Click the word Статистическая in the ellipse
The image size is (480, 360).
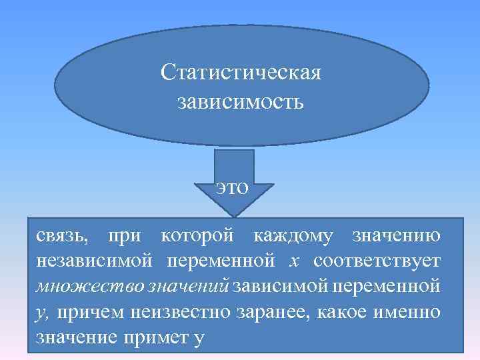pos(241,71)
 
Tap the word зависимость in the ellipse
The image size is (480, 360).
pos(241,102)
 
